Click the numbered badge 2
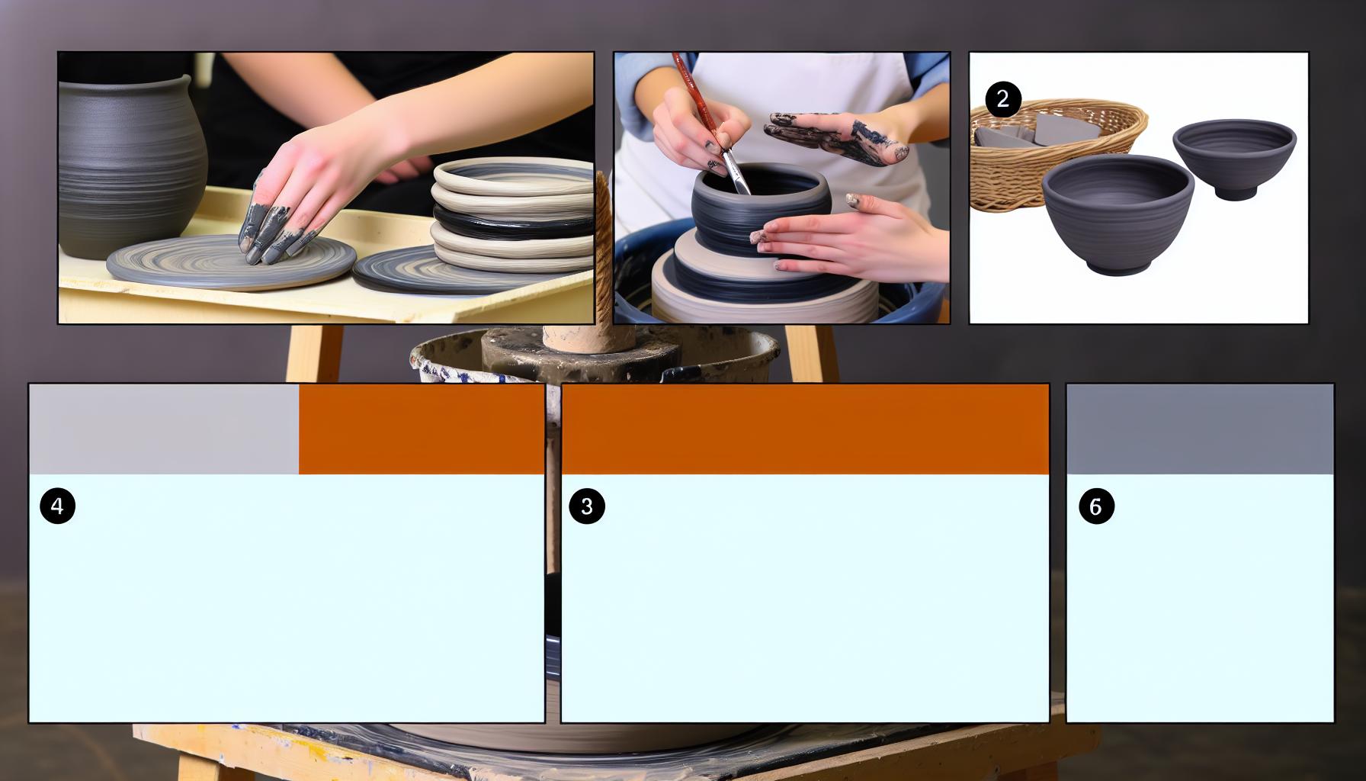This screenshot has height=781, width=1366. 1002,99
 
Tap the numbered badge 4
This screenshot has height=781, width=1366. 57,506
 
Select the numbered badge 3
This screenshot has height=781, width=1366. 587,506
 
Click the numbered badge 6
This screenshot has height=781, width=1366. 1096,506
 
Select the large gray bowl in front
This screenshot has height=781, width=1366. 1117,214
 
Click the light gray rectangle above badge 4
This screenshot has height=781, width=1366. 164,429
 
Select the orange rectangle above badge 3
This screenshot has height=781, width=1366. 805,429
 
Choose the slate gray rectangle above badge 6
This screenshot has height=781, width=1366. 1200,429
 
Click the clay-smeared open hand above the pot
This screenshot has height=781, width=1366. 839,137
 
